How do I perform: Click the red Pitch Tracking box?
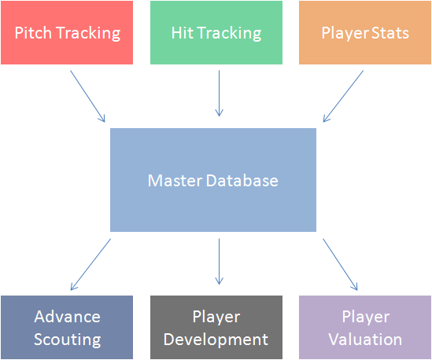click(67, 32)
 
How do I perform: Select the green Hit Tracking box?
click(216, 32)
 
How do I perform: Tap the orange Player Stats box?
click(365, 32)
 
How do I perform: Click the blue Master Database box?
click(213, 180)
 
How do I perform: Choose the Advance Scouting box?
click(67, 327)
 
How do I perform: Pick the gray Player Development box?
click(216, 327)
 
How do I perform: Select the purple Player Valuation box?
click(365, 327)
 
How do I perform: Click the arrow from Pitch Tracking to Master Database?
click(87, 96)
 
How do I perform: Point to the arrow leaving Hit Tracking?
click(219, 94)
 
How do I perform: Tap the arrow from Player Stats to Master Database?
click(343, 96)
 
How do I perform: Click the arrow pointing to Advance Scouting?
click(90, 264)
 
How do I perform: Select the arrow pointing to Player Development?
click(219, 262)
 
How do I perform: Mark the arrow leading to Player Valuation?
click(340, 264)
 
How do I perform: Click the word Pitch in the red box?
click(33, 33)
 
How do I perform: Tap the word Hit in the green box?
click(182, 33)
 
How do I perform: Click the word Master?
click(175, 181)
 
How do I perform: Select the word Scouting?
click(68, 340)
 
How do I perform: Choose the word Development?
click(216, 339)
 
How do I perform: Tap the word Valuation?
click(365, 339)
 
